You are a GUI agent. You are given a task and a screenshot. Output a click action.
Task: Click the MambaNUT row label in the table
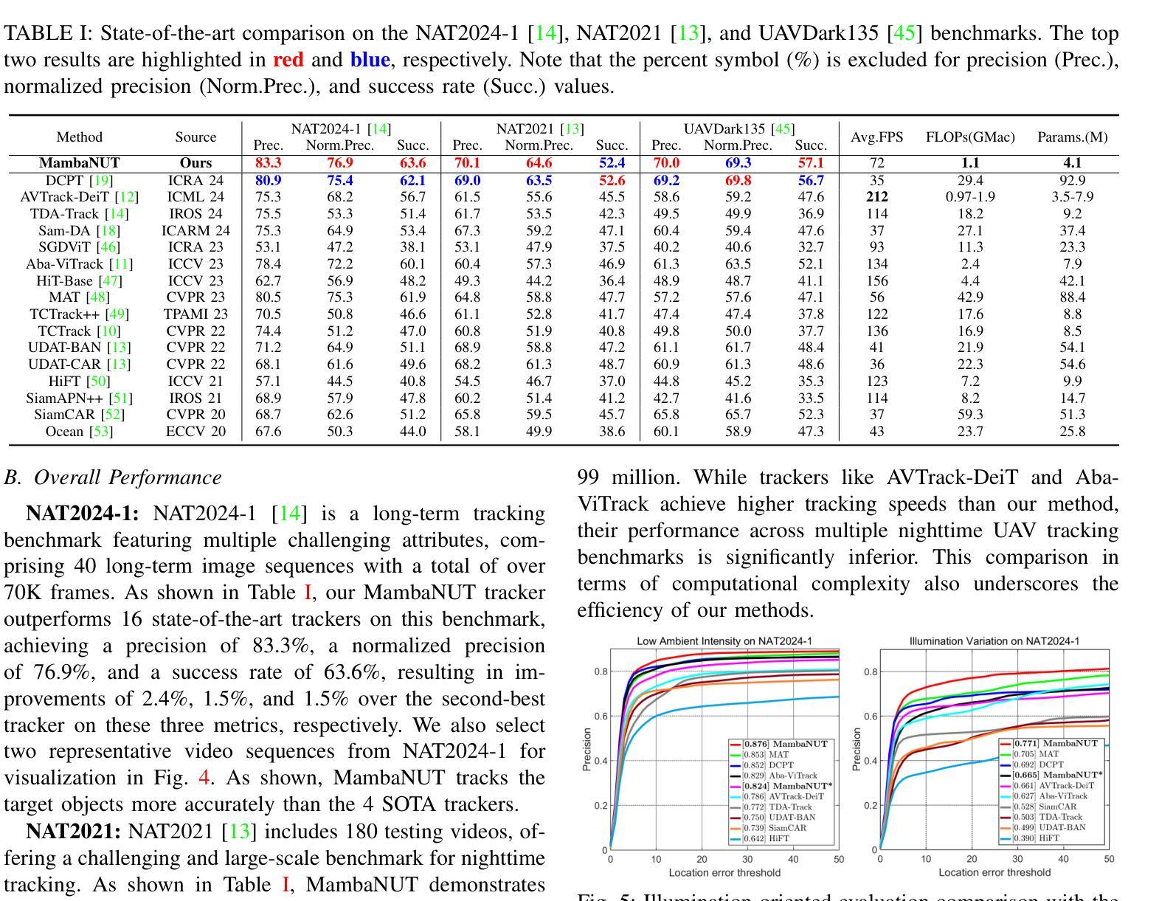tap(80, 162)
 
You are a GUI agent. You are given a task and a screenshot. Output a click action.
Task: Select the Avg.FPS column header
tap(877, 137)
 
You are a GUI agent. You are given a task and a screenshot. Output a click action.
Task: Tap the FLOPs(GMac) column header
tap(970, 137)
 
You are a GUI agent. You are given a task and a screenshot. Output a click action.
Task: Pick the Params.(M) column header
tap(1072, 137)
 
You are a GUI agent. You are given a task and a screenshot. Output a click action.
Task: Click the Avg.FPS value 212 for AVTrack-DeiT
tap(877, 197)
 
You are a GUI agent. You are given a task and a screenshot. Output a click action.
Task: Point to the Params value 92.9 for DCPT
tap(1072, 180)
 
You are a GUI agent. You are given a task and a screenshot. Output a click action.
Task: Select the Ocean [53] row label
tap(80, 431)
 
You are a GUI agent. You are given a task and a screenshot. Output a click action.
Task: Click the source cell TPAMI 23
tap(196, 314)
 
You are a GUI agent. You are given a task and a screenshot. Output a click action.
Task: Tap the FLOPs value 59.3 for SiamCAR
tap(970, 415)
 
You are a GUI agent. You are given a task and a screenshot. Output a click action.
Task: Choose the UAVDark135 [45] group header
tap(739, 129)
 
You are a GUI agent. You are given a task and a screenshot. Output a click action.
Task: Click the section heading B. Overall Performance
tap(113, 477)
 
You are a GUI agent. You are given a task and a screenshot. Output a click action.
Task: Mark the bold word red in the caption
tap(288, 59)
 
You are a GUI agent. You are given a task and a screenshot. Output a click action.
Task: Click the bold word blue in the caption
tap(370, 59)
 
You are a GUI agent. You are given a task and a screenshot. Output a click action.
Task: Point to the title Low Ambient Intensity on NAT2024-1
tap(724, 641)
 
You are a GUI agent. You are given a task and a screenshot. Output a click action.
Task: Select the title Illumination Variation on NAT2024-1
tap(994, 641)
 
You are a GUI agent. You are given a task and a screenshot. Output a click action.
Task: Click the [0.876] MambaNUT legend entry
tap(779, 744)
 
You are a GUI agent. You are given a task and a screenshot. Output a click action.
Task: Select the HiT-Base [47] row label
tap(80, 280)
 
